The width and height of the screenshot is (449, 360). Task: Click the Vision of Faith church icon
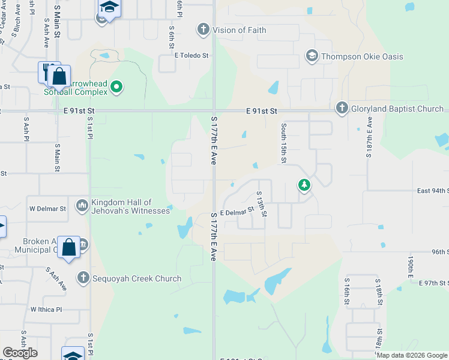coord(203,29)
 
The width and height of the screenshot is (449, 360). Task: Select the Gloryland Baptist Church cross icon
coord(342,109)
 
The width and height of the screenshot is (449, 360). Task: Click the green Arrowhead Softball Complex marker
coord(117,88)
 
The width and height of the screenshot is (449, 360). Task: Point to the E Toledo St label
coord(191,56)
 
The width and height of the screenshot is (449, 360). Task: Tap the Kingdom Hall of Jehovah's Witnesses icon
coord(82,206)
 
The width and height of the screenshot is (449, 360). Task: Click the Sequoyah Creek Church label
coord(137,278)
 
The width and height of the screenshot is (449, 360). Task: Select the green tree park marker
coord(304,185)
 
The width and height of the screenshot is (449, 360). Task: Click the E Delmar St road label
coord(238,213)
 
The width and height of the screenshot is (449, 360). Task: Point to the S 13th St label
coord(261,204)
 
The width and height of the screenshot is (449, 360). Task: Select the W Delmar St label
coord(47,209)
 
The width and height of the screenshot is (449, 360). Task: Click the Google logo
coord(20,352)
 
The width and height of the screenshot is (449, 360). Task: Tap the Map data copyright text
coord(411,355)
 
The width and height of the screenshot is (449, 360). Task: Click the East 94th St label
coord(433,191)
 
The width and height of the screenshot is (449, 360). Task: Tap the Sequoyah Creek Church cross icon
coord(83,278)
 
